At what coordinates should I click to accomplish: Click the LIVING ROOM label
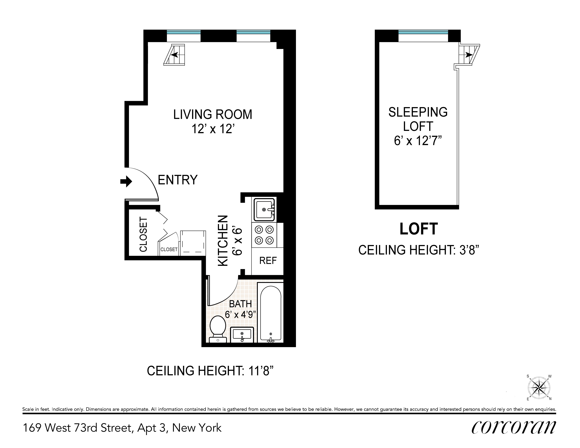coord(213,115)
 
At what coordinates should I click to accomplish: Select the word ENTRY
coord(178,180)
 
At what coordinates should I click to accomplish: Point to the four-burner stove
coord(264,235)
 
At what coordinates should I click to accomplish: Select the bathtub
coord(271,313)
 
